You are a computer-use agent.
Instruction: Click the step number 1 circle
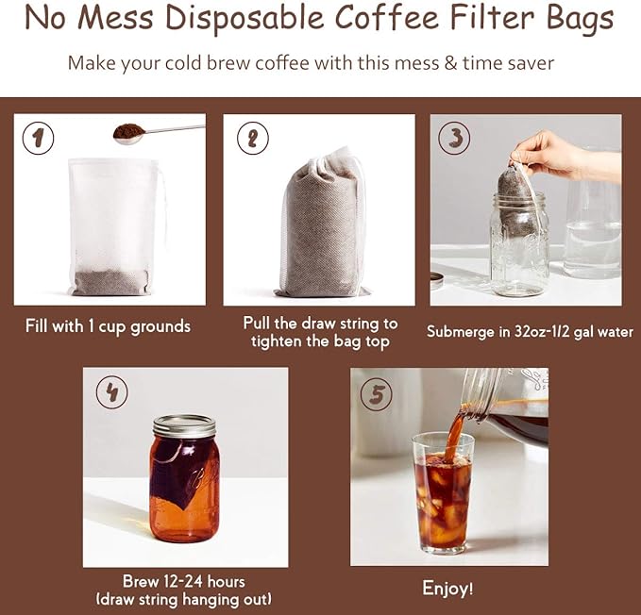(38, 139)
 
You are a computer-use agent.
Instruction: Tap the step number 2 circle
(252, 139)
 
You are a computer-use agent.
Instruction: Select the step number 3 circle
(455, 138)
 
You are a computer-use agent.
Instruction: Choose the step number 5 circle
(378, 393)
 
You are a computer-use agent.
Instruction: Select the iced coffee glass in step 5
(443, 490)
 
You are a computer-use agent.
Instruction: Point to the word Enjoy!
(448, 589)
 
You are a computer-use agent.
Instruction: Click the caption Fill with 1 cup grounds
(108, 326)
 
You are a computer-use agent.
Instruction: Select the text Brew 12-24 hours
(185, 581)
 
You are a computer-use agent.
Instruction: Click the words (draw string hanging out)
(185, 600)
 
